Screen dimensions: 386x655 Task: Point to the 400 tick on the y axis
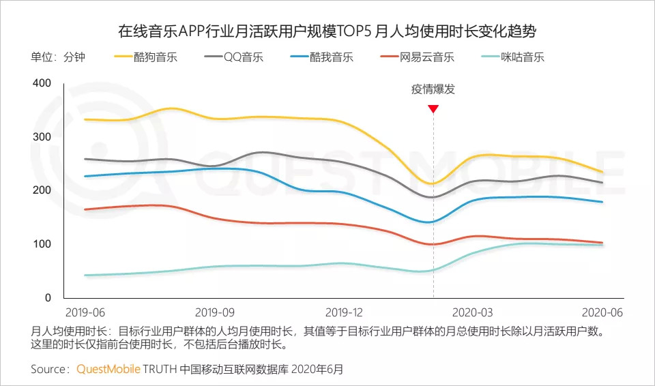pos(42,83)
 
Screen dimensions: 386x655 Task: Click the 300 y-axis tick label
pos(42,137)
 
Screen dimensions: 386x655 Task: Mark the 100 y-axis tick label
pos(42,244)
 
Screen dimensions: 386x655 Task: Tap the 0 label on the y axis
pos(48,298)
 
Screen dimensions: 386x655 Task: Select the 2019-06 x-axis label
pos(85,312)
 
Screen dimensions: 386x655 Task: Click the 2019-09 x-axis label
pos(215,312)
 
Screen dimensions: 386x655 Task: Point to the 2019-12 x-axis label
pos(345,312)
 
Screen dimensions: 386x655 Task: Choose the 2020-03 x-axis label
pos(473,312)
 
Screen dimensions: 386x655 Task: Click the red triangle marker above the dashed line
pos(433,108)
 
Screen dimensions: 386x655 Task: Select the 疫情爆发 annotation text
pos(433,89)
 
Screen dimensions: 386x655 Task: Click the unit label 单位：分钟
pos(58,57)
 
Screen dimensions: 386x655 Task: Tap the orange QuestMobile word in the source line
pos(108,369)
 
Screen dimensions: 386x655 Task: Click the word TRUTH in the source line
pos(159,369)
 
